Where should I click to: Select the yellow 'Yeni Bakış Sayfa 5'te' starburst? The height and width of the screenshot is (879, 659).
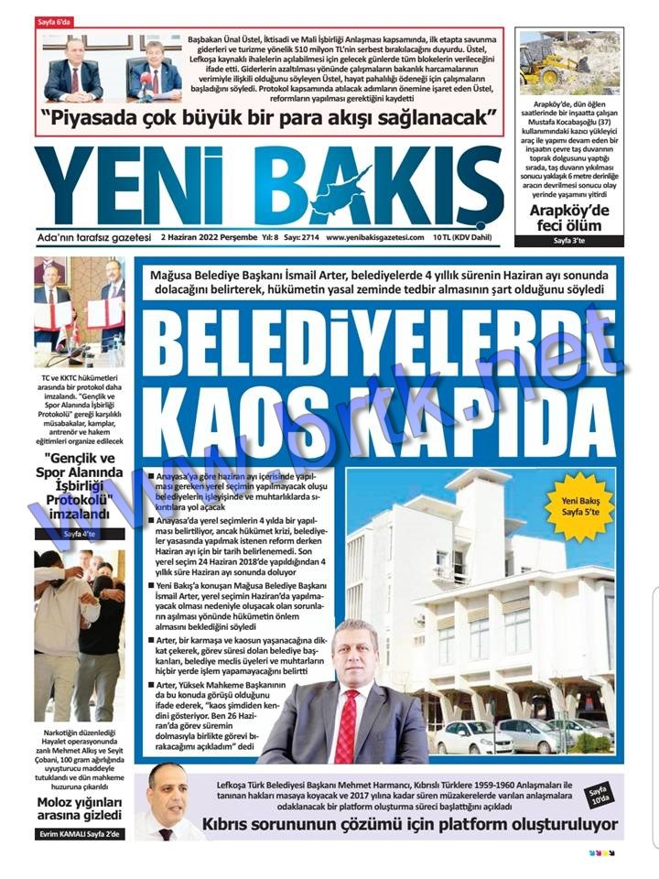pyautogui.click(x=579, y=507)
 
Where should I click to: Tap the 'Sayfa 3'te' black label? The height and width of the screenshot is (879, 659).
pyautogui.click(x=567, y=241)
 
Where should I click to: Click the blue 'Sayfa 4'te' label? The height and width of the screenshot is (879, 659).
pyautogui.click(x=80, y=533)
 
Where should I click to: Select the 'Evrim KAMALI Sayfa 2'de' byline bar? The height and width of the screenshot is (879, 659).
pyautogui.click(x=80, y=834)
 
